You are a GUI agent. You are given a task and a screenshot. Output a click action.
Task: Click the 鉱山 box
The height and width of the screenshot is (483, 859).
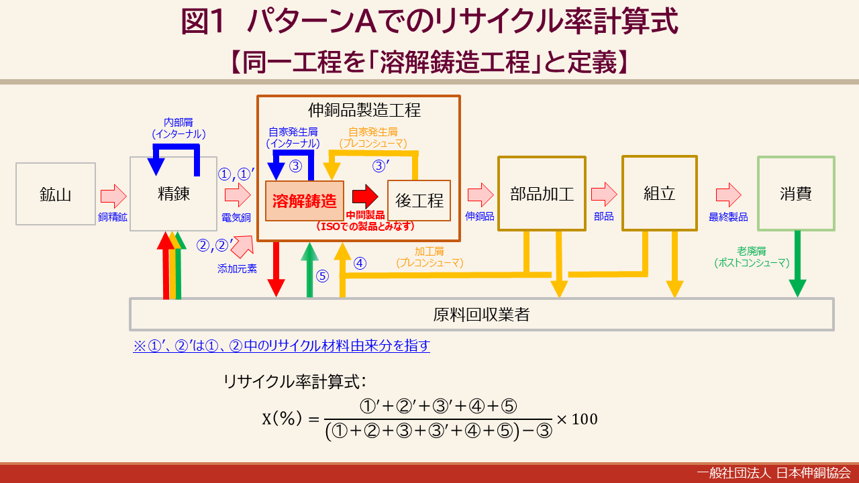tap(56, 194)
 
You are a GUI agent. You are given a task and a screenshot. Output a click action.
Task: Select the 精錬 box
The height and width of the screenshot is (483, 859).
tap(173, 194)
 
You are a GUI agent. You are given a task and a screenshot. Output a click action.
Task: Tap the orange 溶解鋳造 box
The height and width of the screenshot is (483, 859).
tap(305, 201)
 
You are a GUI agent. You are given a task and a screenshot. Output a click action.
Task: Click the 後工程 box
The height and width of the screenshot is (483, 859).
tap(419, 201)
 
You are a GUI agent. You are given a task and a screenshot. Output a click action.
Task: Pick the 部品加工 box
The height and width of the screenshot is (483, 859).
tap(542, 194)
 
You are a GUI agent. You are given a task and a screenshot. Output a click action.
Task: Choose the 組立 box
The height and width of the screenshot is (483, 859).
tap(660, 193)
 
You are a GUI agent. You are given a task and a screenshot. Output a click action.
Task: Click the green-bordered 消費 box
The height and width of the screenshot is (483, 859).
tap(796, 194)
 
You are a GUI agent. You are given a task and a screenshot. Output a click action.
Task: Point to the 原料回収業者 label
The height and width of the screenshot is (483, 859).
tap(481, 315)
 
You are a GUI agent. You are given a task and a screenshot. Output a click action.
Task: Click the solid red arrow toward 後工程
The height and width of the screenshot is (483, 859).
tap(365, 197)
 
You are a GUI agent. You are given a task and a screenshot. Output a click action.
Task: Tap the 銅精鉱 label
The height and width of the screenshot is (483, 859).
tap(112, 217)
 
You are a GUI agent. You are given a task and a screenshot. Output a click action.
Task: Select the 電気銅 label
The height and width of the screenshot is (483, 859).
tap(236, 218)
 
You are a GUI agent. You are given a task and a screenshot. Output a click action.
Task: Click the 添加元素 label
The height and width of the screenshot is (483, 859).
tap(237, 269)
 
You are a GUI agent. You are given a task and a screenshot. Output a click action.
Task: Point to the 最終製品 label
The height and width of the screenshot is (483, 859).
tap(728, 217)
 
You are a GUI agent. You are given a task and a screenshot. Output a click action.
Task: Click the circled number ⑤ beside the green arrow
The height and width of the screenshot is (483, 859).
tap(322, 276)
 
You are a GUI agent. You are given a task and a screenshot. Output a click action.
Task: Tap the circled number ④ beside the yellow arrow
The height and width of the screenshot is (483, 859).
tap(360, 264)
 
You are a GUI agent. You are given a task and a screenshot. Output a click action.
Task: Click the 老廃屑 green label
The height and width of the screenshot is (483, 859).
tap(751, 251)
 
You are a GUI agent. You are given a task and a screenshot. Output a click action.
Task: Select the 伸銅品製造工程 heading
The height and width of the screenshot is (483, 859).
tap(364, 110)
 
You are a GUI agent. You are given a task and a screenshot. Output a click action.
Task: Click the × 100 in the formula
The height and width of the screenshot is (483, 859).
tap(577, 419)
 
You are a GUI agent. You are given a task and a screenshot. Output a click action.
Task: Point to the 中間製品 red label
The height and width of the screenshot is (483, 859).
tap(365, 215)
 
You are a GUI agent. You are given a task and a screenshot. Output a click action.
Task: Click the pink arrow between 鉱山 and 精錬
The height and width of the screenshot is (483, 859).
tap(113, 196)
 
